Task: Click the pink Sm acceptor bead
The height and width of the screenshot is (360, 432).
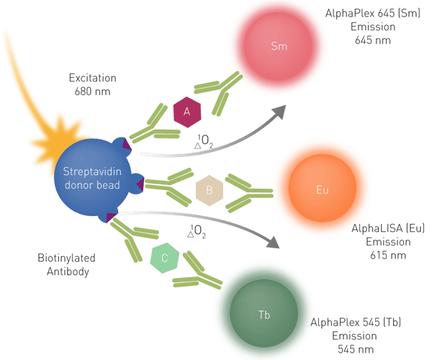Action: click(x=278, y=46)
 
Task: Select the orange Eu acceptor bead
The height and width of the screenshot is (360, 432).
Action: click(x=323, y=189)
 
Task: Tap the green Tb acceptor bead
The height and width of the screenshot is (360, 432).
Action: click(x=264, y=313)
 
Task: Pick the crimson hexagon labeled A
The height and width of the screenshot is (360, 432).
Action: click(x=187, y=112)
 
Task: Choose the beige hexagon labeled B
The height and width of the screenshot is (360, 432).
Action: click(x=209, y=190)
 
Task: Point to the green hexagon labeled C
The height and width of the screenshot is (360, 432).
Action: click(x=164, y=258)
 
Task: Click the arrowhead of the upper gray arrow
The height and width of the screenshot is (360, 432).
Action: click(x=279, y=112)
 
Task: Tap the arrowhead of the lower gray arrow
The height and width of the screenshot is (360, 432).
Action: click(x=274, y=243)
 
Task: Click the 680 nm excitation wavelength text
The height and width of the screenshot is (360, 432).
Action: click(x=93, y=91)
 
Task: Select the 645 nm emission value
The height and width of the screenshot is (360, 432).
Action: click(x=373, y=40)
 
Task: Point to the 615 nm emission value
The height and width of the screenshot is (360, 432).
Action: click(x=388, y=256)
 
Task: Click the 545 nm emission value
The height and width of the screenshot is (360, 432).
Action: click(x=356, y=349)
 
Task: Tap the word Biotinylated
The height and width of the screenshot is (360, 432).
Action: click(x=66, y=258)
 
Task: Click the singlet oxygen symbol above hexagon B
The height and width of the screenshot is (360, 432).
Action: click(x=204, y=141)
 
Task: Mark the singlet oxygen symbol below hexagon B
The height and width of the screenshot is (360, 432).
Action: click(x=197, y=231)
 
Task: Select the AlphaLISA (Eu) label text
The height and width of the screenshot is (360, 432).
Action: click(x=388, y=228)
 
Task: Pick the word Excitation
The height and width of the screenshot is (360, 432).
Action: click(x=93, y=78)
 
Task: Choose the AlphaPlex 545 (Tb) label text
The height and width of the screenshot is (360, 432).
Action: click(x=356, y=323)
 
